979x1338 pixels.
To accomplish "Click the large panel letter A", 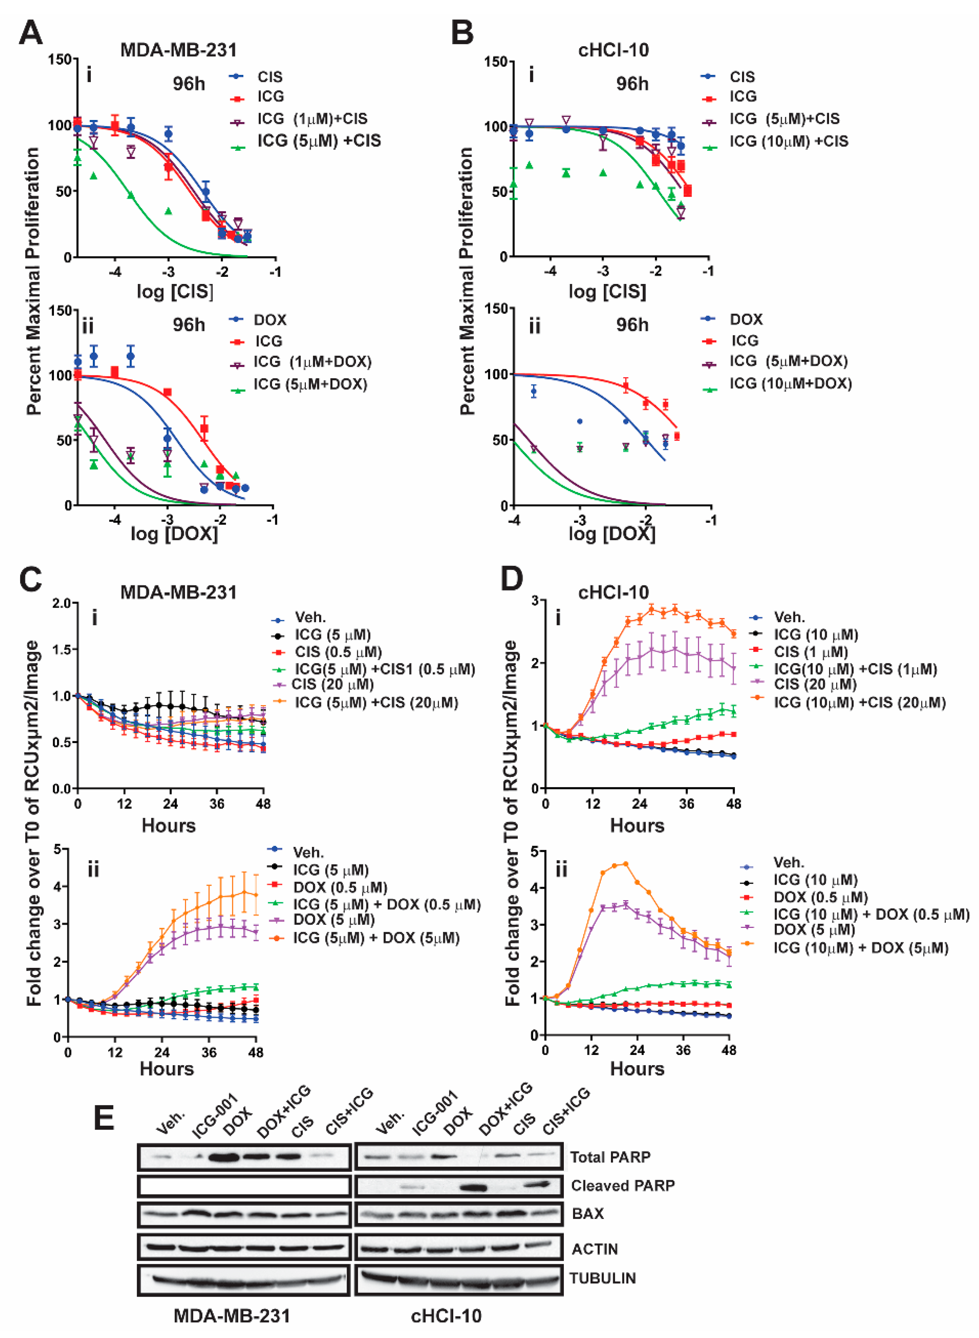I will coord(30,33).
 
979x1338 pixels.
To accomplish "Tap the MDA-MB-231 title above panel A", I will coord(178,50).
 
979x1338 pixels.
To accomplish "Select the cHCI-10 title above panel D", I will coord(613,592).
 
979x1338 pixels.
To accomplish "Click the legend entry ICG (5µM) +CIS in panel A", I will coord(318,141).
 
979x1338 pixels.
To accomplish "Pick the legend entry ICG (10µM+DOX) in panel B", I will coord(790,383).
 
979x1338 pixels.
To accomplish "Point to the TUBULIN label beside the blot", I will coord(603,1278).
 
